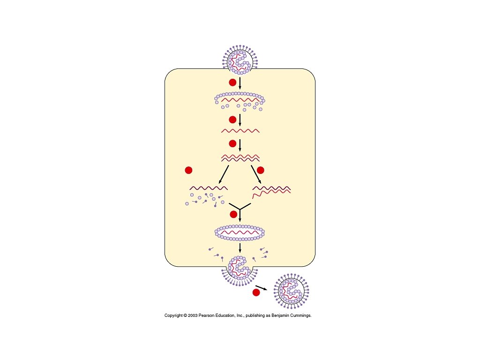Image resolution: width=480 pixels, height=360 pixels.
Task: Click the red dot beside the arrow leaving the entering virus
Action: click(x=232, y=82)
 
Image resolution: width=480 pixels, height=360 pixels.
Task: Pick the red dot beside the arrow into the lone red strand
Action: click(x=232, y=120)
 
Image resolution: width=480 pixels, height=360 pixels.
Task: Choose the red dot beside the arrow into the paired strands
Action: click(x=232, y=143)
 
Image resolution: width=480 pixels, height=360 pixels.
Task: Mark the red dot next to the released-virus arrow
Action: click(x=256, y=292)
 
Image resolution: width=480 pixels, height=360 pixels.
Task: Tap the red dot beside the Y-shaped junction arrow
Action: click(x=233, y=214)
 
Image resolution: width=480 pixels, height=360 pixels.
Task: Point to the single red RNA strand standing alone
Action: click(x=240, y=130)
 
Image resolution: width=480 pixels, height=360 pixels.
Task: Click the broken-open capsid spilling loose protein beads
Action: click(x=240, y=100)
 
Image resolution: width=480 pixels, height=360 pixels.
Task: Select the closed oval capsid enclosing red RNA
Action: click(x=240, y=232)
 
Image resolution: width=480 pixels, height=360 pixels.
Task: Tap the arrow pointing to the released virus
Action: click(x=264, y=288)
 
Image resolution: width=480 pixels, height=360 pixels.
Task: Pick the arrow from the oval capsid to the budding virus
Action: click(x=240, y=247)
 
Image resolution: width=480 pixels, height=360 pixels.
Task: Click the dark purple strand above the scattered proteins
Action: click(x=209, y=188)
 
